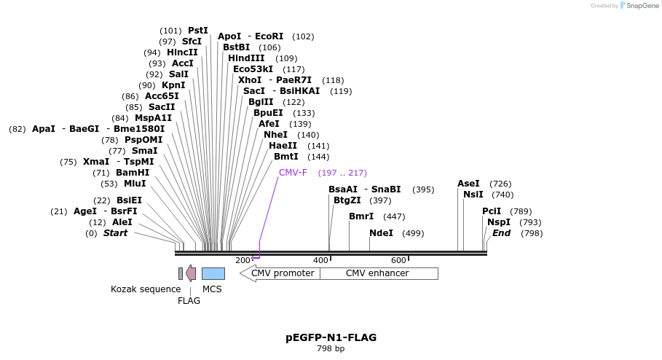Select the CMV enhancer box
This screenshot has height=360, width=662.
378,273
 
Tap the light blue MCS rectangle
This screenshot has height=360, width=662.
213,273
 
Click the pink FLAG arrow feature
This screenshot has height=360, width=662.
191,273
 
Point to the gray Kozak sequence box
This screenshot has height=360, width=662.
181,273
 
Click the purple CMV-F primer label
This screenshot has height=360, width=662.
293,173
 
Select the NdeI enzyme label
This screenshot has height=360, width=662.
381,233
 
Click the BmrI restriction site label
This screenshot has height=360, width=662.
360,216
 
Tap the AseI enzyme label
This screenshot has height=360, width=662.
468,184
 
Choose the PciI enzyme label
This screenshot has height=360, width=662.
492,211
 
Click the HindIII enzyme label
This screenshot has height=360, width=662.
246,58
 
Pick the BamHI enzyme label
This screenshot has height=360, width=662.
133,173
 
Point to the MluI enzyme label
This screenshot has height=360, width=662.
135,184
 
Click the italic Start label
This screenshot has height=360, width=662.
115,233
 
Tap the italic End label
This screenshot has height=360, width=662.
502,233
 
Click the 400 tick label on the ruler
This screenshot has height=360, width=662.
320,260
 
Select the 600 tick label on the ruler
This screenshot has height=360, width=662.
398,260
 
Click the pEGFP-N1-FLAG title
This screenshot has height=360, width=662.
331,337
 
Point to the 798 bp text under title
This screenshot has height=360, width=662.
331,349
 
